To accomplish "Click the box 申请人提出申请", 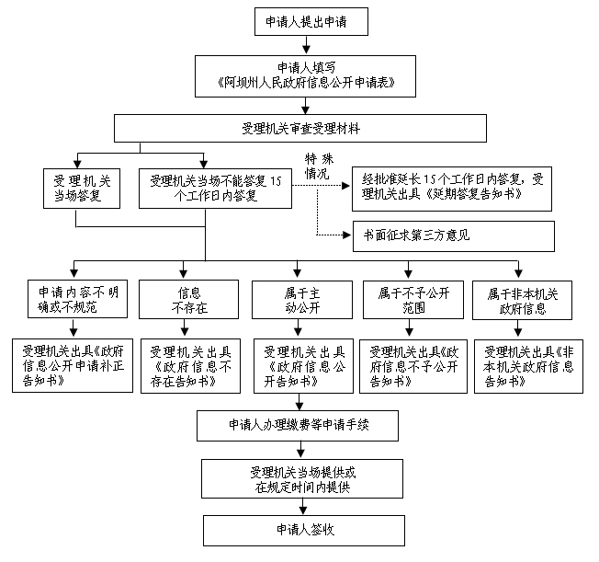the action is click(311, 21).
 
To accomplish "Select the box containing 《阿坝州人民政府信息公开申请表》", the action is click(305, 76).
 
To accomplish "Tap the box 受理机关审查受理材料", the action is click(300, 128).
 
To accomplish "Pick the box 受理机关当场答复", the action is click(82, 189).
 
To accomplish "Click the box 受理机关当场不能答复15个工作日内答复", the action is click(216, 189).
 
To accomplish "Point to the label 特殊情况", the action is click(319, 166).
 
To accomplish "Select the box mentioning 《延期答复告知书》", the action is click(452, 189).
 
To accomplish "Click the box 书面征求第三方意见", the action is click(454, 236).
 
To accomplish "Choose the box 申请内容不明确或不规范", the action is click(77, 299).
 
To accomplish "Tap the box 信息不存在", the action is click(188, 300).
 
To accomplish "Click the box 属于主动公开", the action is click(302, 300).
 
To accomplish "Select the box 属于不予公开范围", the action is click(413, 300).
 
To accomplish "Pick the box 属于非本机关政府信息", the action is click(522, 301).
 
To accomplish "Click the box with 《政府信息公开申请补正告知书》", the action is click(73, 365).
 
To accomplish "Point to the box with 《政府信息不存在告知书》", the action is click(190, 366).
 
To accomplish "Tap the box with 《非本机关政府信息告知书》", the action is click(528, 366).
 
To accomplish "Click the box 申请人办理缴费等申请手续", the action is click(298, 426).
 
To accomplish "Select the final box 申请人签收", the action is click(304, 530).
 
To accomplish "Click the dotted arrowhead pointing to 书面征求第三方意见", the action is click(347, 235).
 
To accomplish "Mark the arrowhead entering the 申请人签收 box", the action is click(303, 510).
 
